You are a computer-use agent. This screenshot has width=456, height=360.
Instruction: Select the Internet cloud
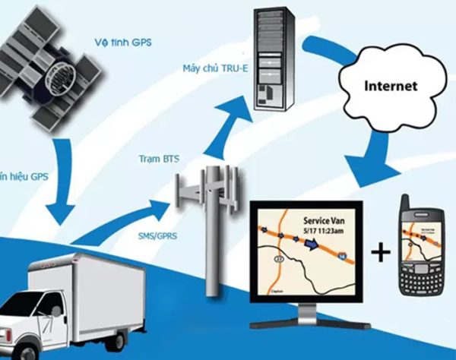point(388,88)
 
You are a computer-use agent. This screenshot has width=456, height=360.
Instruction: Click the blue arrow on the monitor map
point(313,245)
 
